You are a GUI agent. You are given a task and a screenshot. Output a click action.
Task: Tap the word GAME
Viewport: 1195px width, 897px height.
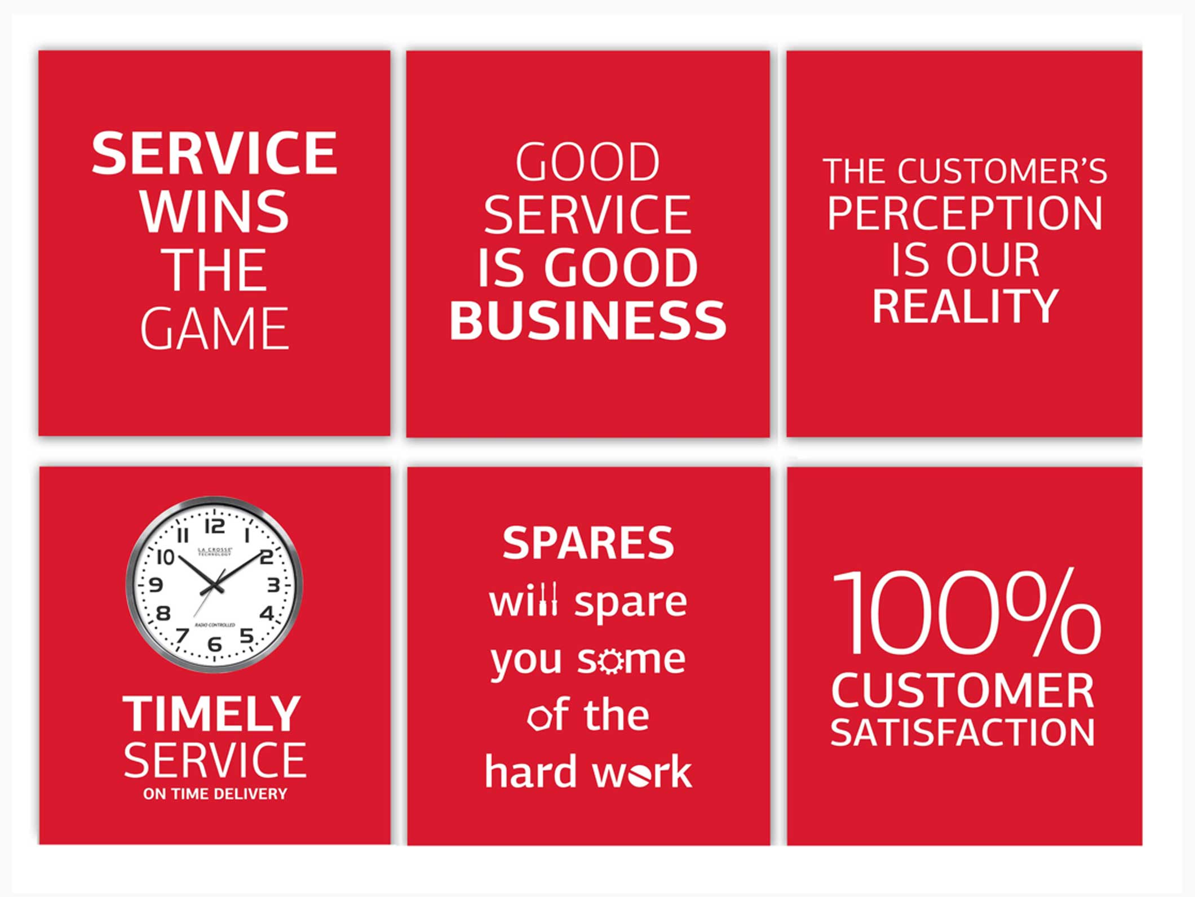pyautogui.click(x=215, y=328)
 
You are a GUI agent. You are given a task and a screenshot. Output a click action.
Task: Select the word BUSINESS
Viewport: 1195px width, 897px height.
pyautogui.click(x=588, y=319)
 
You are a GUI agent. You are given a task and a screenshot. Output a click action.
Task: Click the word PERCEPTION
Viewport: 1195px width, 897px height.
pyautogui.click(x=964, y=214)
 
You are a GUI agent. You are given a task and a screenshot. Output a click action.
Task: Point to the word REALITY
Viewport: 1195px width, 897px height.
pyautogui.click(x=966, y=306)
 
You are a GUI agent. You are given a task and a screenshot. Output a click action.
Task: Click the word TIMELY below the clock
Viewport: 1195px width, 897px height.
pyautogui.click(x=212, y=713)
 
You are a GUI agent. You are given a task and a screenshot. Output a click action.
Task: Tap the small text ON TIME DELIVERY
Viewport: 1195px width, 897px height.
pyautogui.click(x=215, y=794)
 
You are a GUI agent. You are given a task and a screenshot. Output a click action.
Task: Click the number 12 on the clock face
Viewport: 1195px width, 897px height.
pyautogui.click(x=214, y=526)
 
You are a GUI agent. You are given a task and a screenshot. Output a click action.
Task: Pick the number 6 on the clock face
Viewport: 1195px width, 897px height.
pyautogui.click(x=214, y=643)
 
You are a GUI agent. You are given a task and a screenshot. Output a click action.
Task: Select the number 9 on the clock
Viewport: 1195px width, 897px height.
pyautogui.click(x=156, y=585)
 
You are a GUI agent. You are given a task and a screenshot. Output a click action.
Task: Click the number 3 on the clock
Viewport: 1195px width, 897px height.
pyautogui.click(x=273, y=585)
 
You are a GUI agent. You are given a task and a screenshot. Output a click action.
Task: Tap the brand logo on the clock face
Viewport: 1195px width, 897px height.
pyautogui.click(x=214, y=552)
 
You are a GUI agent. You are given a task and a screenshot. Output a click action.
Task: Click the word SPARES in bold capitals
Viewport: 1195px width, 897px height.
pyautogui.click(x=588, y=543)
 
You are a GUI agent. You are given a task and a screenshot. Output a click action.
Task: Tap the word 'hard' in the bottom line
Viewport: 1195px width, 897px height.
pyautogui.click(x=531, y=771)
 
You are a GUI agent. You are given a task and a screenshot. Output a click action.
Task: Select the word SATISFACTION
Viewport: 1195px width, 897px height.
pyautogui.click(x=963, y=732)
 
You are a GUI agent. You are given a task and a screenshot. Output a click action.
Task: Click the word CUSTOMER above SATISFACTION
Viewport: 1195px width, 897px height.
pyautogui.click(x=963, y=691)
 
